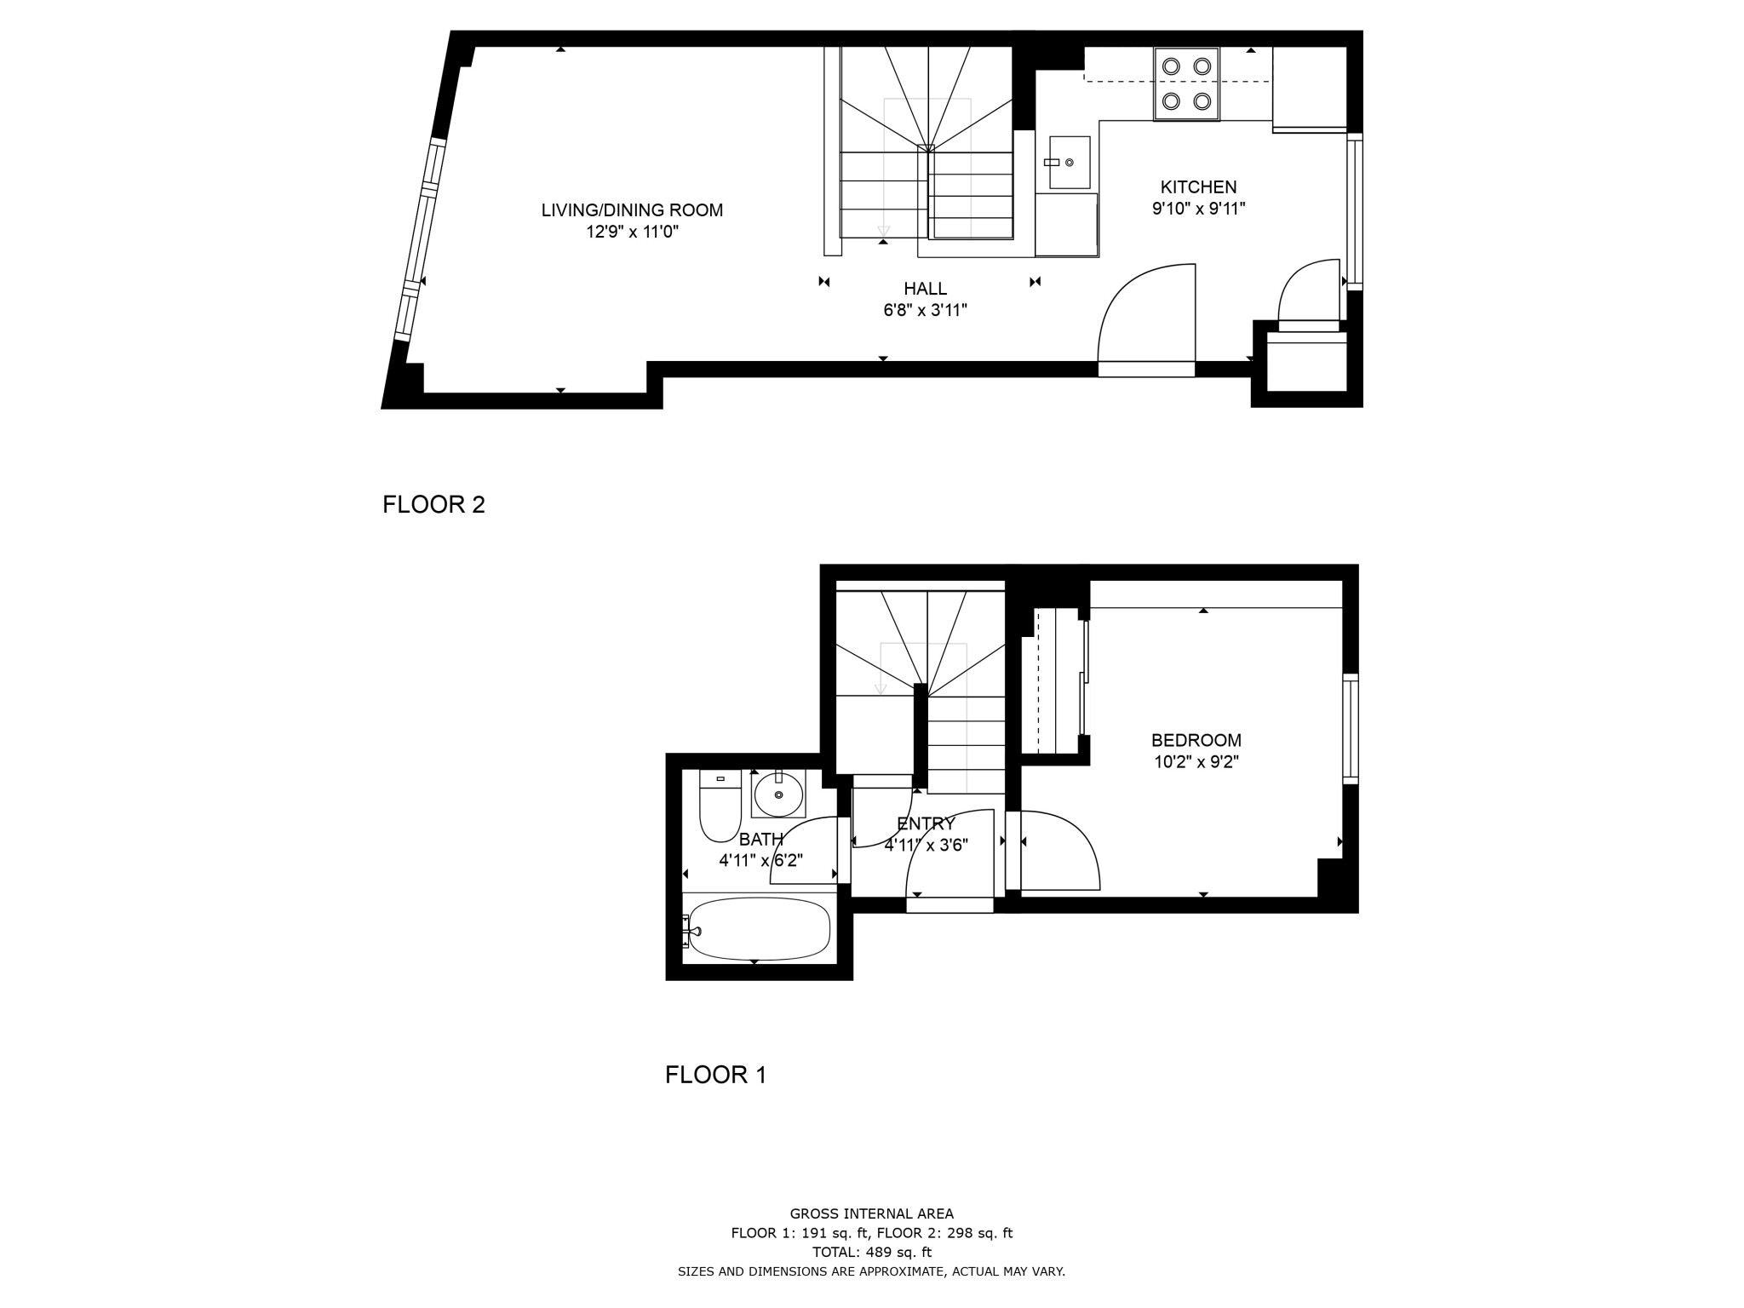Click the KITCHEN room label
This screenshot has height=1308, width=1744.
tap(1198, 187)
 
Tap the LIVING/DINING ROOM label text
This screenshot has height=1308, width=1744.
tap(632, 210)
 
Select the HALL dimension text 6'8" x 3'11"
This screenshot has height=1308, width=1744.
tap(925, 311)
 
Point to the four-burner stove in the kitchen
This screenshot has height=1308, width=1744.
tap(1186, 83)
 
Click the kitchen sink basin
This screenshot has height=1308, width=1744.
tap(1070, 163)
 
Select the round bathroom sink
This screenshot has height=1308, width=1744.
tap(778, 795)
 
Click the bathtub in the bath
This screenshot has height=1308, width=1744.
tap(758, 929)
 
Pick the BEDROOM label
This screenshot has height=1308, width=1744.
tap(1196, 741)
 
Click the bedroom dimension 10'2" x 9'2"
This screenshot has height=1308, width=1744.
tap(1196, 763)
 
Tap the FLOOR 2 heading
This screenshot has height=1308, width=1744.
tap(433, 505)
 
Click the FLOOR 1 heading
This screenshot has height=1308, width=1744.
tap(715, 1076)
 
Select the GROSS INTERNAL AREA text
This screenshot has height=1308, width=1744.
tap(871, 1214)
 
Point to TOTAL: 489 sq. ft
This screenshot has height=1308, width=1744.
tap(871, 1253)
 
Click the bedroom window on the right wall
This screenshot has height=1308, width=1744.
tap(1350, 728)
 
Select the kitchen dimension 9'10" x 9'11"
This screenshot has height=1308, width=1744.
tap(1198, 209)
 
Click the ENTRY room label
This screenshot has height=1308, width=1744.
tap(926, 824)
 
